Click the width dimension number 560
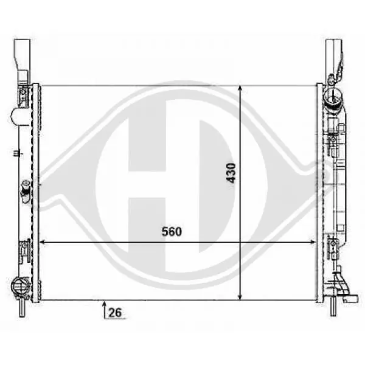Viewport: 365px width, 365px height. (172, 232)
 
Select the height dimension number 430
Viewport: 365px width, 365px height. (231, 173)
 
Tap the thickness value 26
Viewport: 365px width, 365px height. (115, 313)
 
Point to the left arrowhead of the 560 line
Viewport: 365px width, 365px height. (42, 242)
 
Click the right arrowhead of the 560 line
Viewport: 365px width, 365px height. (313, 242)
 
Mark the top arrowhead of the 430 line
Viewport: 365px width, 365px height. (240, 88)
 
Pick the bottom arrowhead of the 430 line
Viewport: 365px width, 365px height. (240, 297)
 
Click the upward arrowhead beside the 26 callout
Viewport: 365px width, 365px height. (104, 303)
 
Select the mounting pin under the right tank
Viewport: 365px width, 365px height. (333, 307)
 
